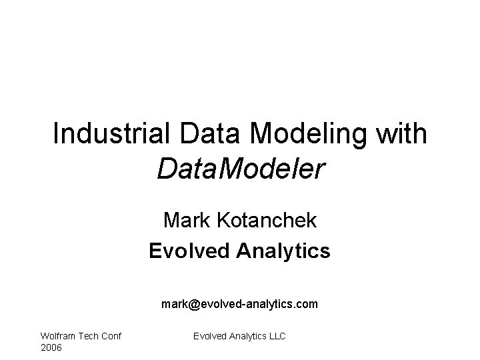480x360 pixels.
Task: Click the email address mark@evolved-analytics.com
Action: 239,304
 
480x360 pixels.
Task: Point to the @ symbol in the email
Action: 195,304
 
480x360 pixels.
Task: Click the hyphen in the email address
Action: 245,305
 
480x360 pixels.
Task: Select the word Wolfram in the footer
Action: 58,337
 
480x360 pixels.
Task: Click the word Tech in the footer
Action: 88,337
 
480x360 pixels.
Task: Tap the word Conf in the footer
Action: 111,337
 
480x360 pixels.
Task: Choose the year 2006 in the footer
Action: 51,348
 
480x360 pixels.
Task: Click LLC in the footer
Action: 276,337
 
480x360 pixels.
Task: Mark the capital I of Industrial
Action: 56,134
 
